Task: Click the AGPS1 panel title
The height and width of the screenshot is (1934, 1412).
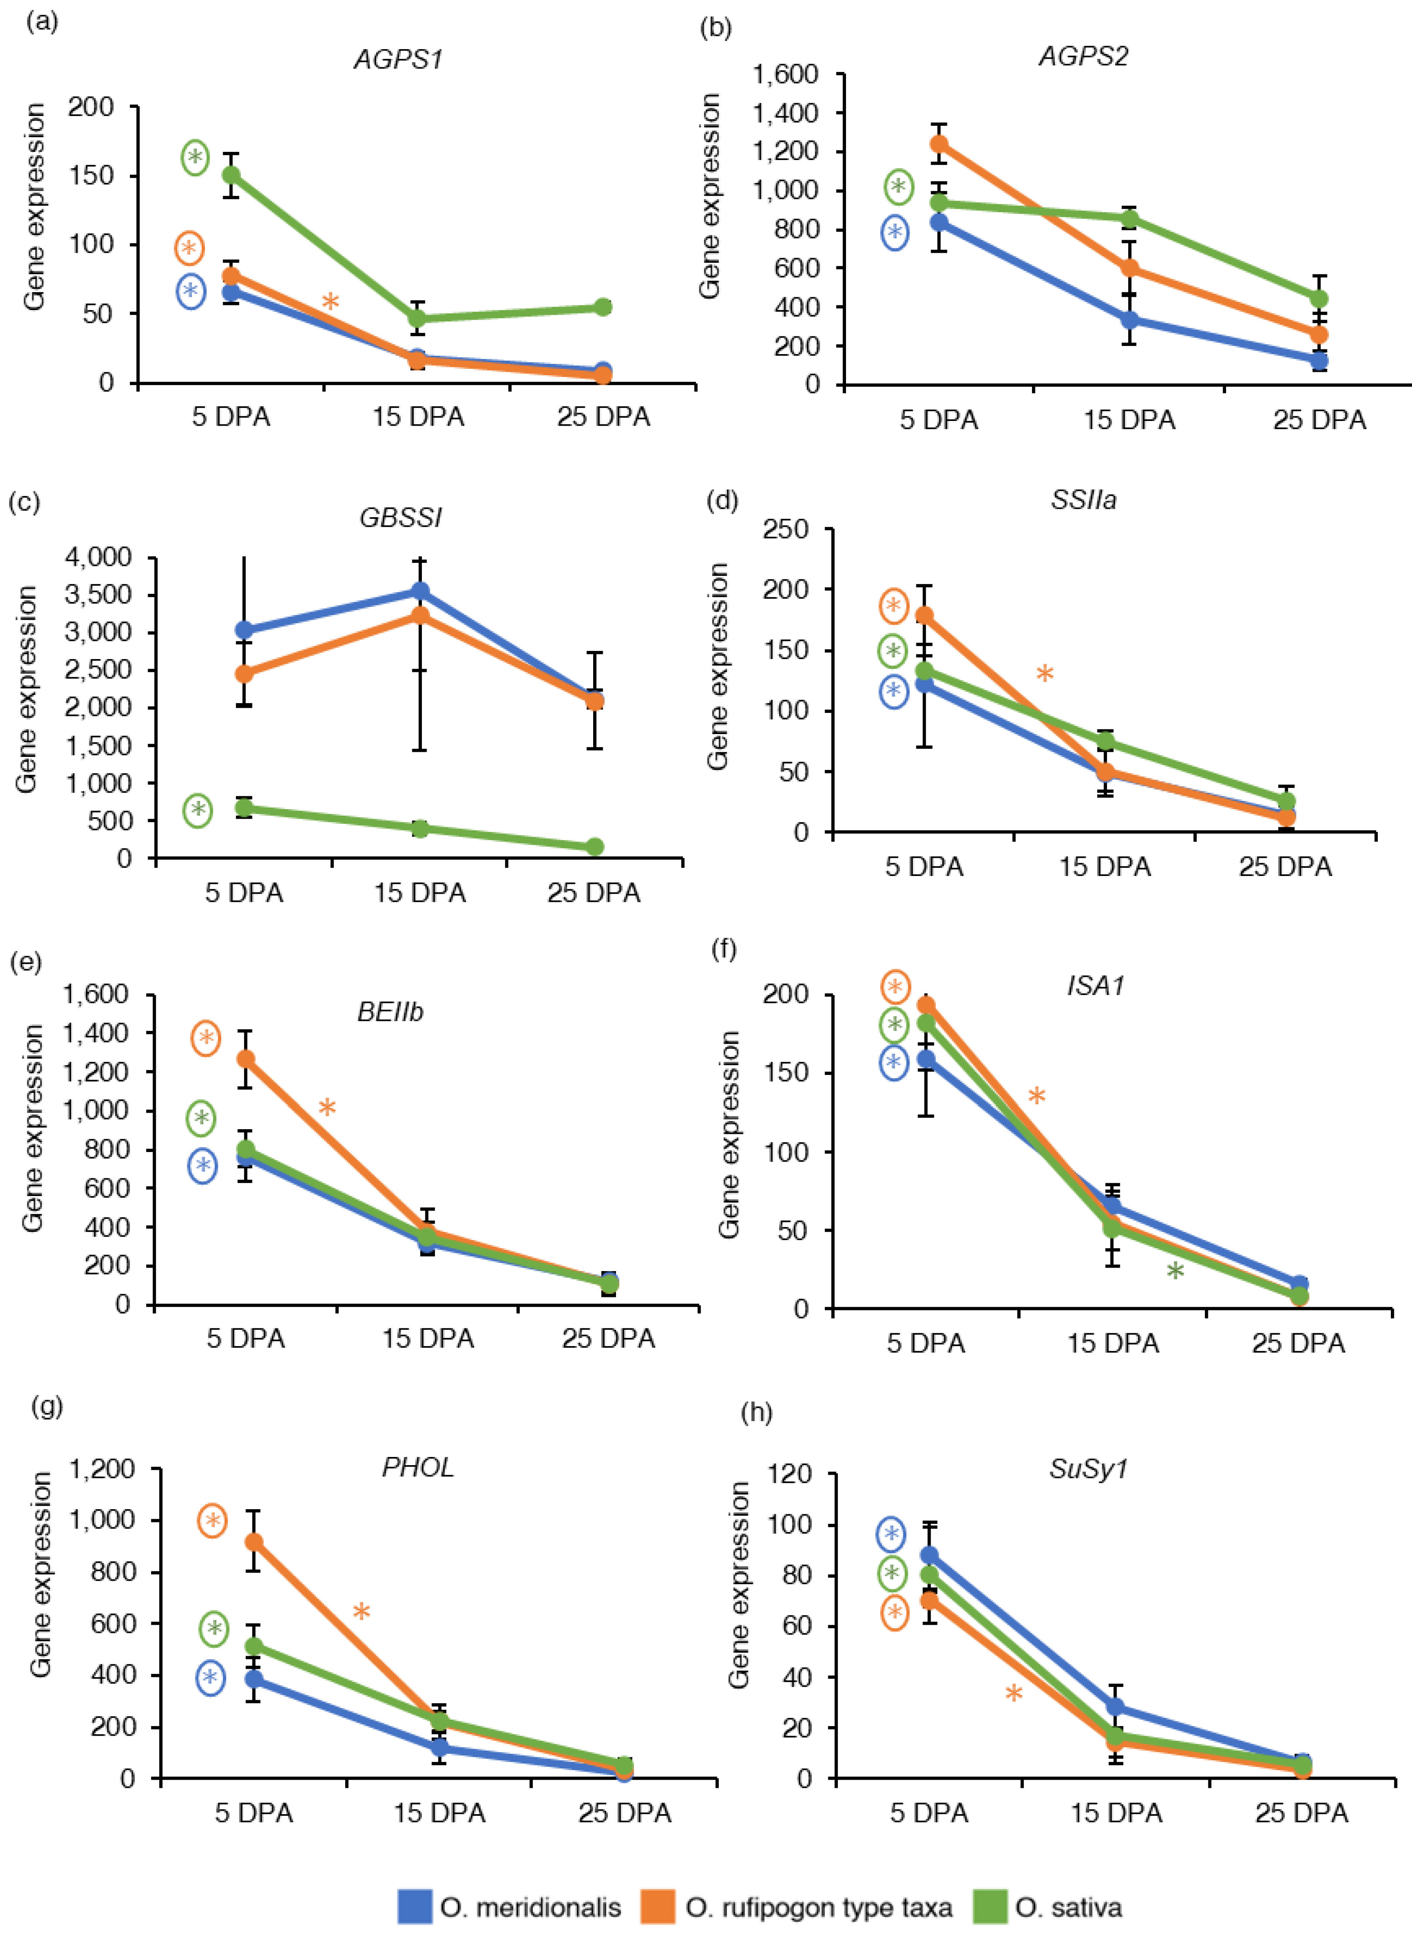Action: pyautogui.click(x=398, y=60)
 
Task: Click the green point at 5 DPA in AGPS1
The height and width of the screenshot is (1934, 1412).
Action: pyautogui.click(x=231, y=175)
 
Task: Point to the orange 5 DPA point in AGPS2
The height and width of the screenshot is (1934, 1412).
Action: pyautogui.click(x=938, y=144)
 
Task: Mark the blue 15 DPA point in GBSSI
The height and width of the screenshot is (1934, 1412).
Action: pyautogui.click(x=420, y=591)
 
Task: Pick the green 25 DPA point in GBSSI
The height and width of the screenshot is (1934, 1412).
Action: pyautogui.click(x=595, y=847)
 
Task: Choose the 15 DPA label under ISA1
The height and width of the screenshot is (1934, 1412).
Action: pyautogui.click(x=1113, y=1344)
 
